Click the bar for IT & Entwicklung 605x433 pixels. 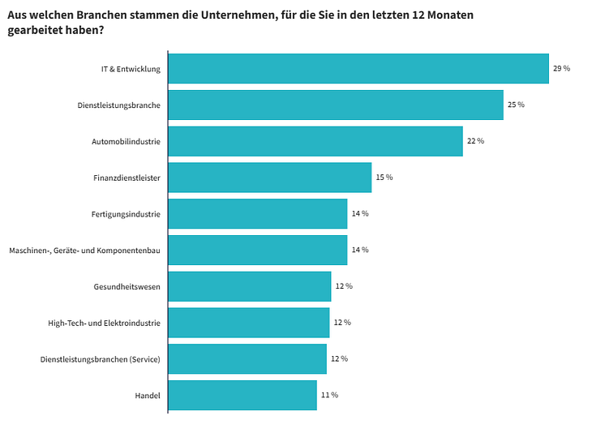click(358, 68)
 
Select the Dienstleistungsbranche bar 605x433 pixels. click(335, 105)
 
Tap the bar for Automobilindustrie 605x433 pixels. click(315, 141)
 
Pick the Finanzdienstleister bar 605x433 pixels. click(269, 177)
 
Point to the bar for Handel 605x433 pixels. click(242, 395)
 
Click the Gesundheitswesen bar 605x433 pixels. click(249, 286)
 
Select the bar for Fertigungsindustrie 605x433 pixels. click(257, 213)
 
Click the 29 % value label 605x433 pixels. click(561, 68)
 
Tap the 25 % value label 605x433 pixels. click(516, 105)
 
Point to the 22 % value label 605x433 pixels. click(475, 141)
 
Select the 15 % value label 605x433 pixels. click(384, 177)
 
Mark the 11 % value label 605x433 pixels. click(329, 395)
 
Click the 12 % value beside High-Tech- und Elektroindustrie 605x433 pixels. click(342, 323)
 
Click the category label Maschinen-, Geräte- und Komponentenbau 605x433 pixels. click(84, 250)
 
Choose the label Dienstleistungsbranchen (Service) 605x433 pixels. click(100, 359)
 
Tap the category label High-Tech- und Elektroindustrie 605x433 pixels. click(105, 323)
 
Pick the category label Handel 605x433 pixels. click(148, 395)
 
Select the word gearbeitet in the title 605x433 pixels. click(36, 30)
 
